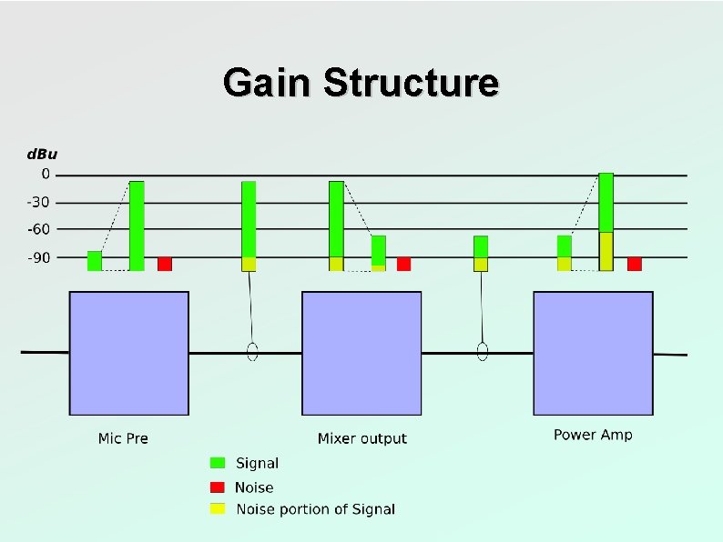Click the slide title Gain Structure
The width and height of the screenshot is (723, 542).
click(361, 83)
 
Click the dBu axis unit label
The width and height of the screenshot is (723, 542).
click(40, 154)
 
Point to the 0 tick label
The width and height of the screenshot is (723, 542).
click(46, 175)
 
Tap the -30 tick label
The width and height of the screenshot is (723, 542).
click(40, 203)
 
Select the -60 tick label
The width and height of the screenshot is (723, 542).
click(40, 230)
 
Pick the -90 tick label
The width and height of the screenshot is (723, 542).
click(40, 257)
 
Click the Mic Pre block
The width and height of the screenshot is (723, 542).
click(129, 353)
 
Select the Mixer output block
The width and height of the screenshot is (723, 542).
click(361, 353)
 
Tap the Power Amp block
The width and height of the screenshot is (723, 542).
click(593, 353)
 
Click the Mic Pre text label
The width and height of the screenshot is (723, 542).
click(123, 438)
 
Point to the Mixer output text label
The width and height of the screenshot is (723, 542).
click(361, 438)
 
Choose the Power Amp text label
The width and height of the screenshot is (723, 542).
click(593, 435)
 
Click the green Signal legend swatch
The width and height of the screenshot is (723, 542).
click(218, 463)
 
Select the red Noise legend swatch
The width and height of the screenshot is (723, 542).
click(218, 487)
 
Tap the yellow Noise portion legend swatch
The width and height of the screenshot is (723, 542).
click(218, 508)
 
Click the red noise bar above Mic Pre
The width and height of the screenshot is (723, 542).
click(165, 264)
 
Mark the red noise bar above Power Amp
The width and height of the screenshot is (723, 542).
click(635, 264)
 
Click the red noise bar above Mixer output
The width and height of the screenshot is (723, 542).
click(403, 264)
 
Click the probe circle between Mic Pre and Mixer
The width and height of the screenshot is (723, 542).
click(253, 351)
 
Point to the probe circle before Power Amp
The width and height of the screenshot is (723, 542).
click(484, 351)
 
